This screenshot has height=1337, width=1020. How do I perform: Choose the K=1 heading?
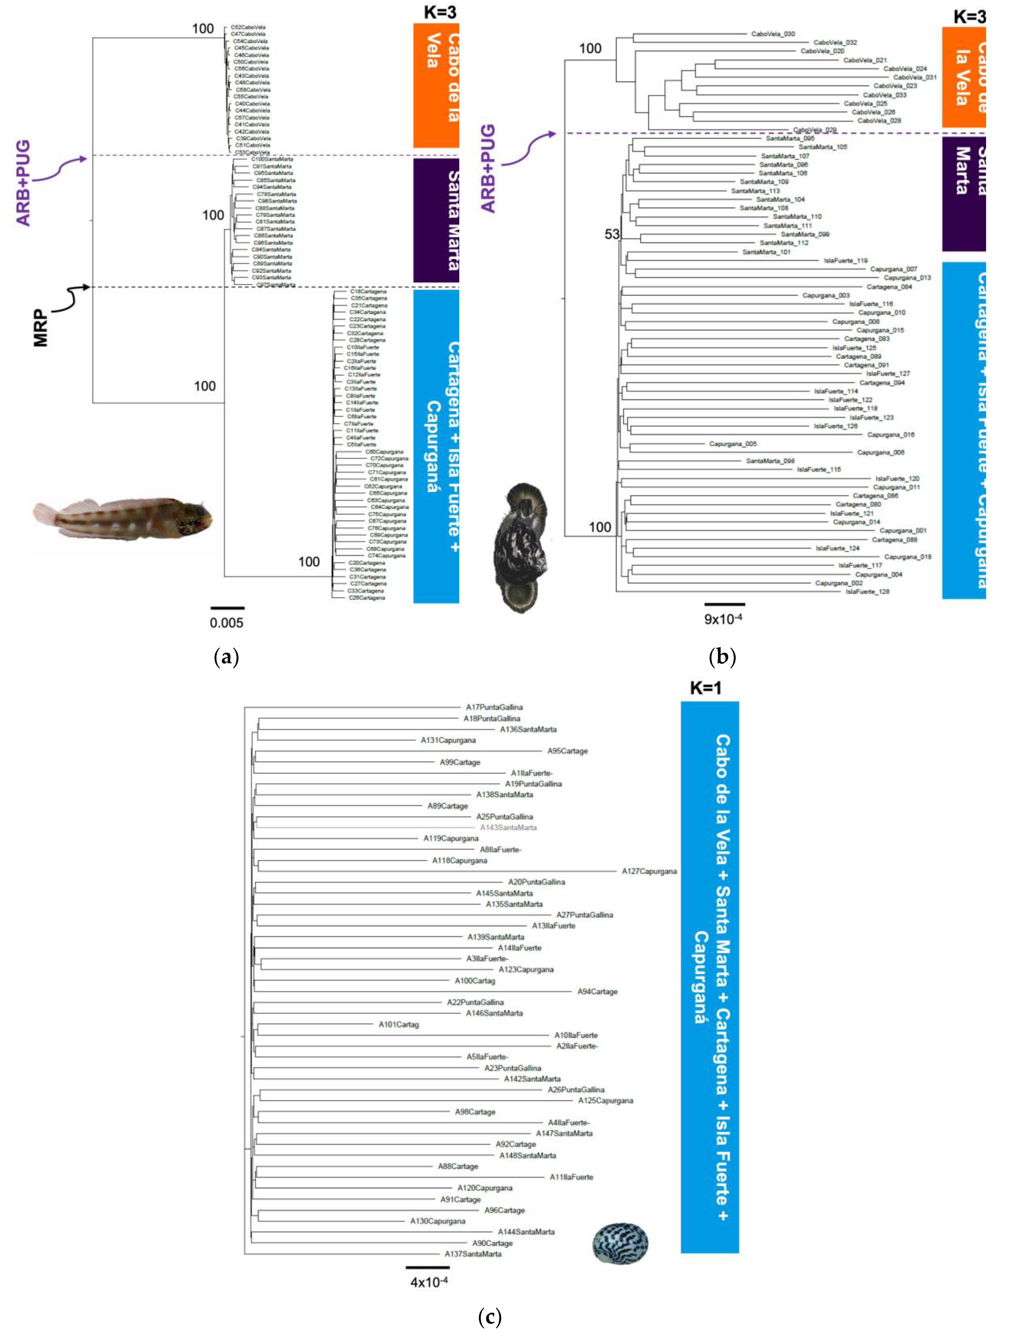point(706,688)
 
